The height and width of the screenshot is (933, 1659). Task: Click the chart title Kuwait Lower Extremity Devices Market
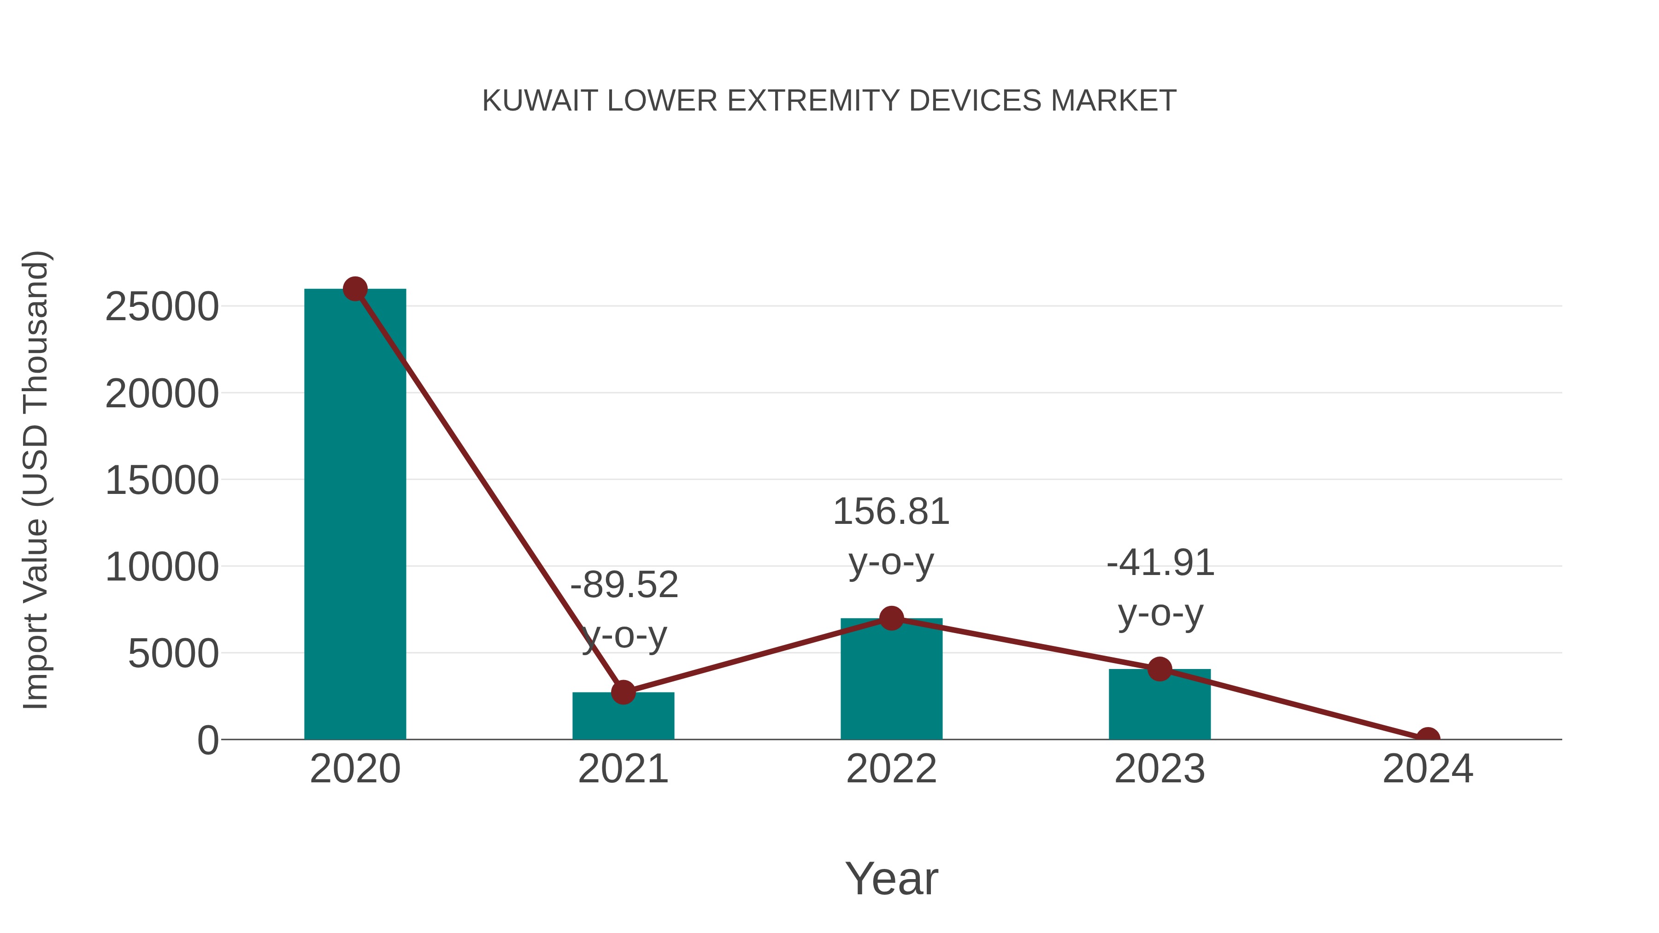pos(829,101)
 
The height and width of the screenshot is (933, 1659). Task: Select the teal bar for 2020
pos(355,515)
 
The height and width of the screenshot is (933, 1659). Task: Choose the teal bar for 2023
pos(1159,705)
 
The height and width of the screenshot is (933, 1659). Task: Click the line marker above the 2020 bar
pos(355,289)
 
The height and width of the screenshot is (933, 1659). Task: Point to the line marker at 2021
pos(623,693)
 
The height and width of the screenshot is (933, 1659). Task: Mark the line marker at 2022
pos(891,618)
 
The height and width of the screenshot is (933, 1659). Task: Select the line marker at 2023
pos(1159,669)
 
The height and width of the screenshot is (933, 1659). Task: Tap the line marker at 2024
pos(1428,738)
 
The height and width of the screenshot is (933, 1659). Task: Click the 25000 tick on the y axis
pos(162,307)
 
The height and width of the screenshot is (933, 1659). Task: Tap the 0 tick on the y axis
pos(208,740)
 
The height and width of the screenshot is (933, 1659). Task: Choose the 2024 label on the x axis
pos(1428,769)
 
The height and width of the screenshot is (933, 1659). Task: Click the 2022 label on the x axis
pos(891,769)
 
